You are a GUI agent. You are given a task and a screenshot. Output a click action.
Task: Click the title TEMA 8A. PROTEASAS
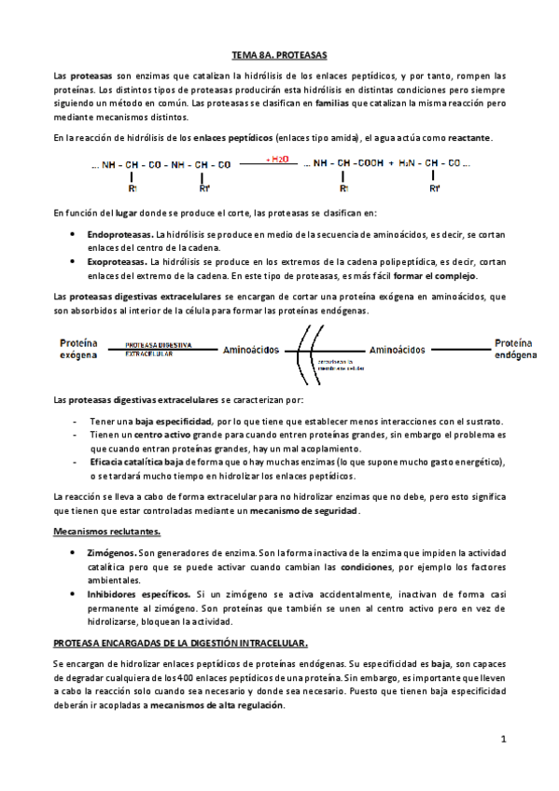(279, 56)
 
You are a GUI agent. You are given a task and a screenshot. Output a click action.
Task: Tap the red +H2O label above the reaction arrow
(277, 159)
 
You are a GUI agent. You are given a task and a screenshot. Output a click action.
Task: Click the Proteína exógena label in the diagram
(78, 349)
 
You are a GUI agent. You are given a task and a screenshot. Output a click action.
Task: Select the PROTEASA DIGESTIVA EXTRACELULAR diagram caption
(158, 348)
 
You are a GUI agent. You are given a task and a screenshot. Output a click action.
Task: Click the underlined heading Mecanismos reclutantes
(106, 531)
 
